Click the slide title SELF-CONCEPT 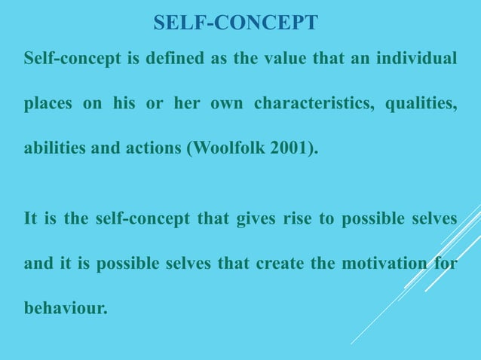point(235,23)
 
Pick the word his point(124,102)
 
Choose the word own point(225,103)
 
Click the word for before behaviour point(445,264)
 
